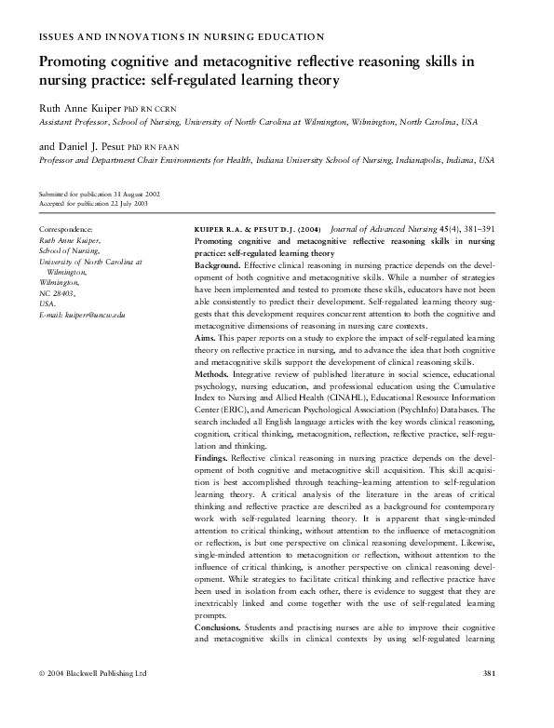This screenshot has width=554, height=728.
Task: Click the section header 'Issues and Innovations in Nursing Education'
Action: (181, 37)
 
